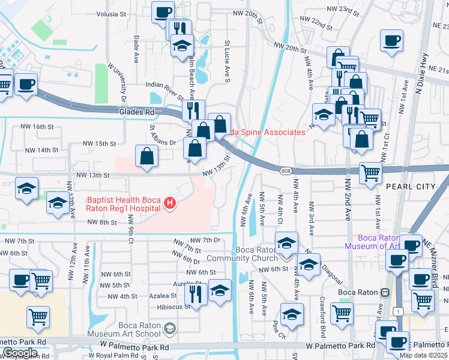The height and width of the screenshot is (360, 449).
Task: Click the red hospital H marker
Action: coord(170,205)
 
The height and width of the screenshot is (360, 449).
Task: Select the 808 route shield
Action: coord(285,172)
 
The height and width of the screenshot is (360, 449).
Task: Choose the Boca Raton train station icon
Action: coord(384,292)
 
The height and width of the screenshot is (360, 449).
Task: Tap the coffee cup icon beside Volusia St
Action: coord(163,12)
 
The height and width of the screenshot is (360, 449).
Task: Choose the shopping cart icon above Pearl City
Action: coord(371,173)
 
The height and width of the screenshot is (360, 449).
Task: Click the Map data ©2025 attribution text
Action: coord(423,355)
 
